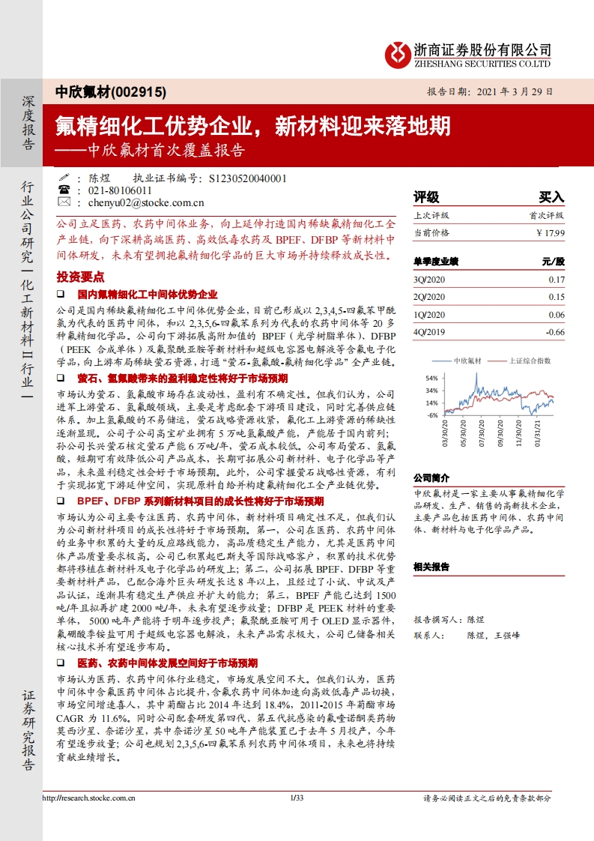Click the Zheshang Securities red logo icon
click(x=397, y=53)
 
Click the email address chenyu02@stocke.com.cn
click(x=146, y=202)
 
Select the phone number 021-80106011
click(x=121, y=190)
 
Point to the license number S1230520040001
click(x=248, y=178)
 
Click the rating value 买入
click(x=551, y=197)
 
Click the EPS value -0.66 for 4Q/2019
click(x=554, y=331)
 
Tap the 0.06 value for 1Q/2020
click(x=556, y=313)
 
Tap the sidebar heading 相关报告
click(x=432, y=566)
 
